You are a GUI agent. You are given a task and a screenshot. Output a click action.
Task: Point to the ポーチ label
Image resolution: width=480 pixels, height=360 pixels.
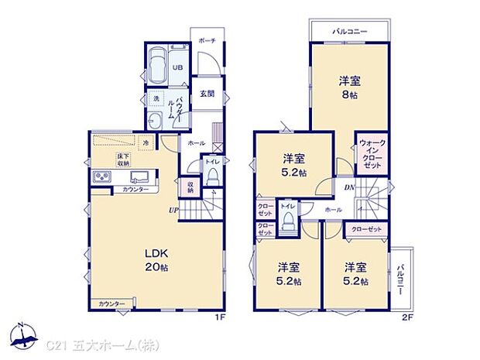point(207,39)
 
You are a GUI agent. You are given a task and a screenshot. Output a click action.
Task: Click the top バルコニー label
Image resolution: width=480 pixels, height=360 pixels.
point(349,33)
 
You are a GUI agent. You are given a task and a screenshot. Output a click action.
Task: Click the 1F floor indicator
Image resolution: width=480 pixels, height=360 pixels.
point(221,317)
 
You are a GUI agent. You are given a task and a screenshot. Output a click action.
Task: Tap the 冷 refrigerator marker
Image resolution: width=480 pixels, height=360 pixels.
point(145,142)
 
